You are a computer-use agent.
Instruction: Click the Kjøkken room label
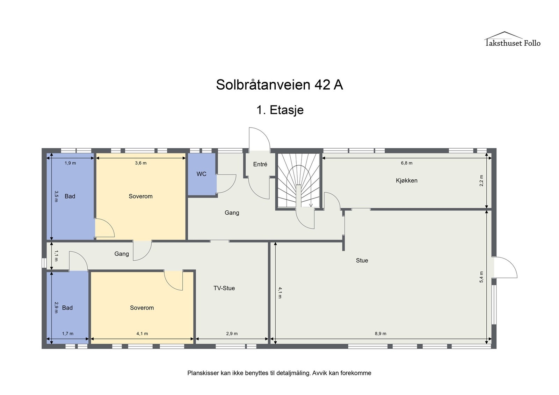coord(406,180)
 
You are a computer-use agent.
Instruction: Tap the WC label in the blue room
coord(201,174)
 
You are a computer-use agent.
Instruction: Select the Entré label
coord(260,164)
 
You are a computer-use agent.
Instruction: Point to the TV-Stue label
coord(224,288)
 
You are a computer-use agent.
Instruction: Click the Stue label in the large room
coord(362,260)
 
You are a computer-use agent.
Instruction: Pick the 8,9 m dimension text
coord(380,334)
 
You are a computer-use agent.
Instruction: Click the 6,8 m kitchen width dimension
coord(406,163)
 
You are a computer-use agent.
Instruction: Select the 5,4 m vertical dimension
coord(481,277)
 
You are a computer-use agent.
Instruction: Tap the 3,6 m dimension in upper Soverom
coord(140,163)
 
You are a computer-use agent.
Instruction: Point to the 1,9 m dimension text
coord(70,163)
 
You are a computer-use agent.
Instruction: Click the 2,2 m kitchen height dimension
coord(481,180)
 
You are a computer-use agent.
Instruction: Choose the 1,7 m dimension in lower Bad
coord(68,334)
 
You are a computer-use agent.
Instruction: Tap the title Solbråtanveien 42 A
coord(279,85)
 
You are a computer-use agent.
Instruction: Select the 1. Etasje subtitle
coord(280,110)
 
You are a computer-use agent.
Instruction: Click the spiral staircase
coord(299,180)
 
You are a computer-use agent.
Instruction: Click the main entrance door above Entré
coord(260,140)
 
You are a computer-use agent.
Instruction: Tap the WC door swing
coord(226,184)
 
